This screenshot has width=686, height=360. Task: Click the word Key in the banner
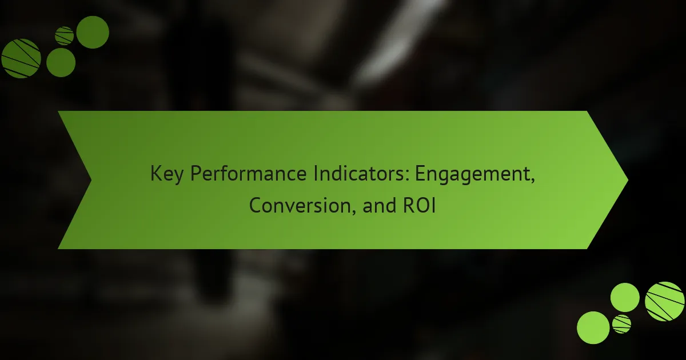point(167,174)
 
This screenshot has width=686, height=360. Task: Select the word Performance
point(248,174)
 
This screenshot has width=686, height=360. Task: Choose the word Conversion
point(300,205)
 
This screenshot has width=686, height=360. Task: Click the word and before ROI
point(380,205)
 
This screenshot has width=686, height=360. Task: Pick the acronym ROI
point(419,205)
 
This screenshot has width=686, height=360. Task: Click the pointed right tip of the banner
point(628,180)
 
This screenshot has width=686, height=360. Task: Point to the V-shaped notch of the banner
point(91,180)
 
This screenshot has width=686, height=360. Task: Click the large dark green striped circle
point(21,58)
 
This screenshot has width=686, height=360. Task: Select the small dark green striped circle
point(64,36)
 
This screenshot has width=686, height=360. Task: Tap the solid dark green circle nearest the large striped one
point(61,62)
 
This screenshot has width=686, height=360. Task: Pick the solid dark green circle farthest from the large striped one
point(93,32)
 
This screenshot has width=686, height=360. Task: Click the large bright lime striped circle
point(664,302)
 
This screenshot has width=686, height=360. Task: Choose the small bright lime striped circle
point(621,324)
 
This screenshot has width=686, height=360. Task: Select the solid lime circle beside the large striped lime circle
point(625,298)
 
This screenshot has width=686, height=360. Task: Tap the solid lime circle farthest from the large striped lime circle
point(593,327)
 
